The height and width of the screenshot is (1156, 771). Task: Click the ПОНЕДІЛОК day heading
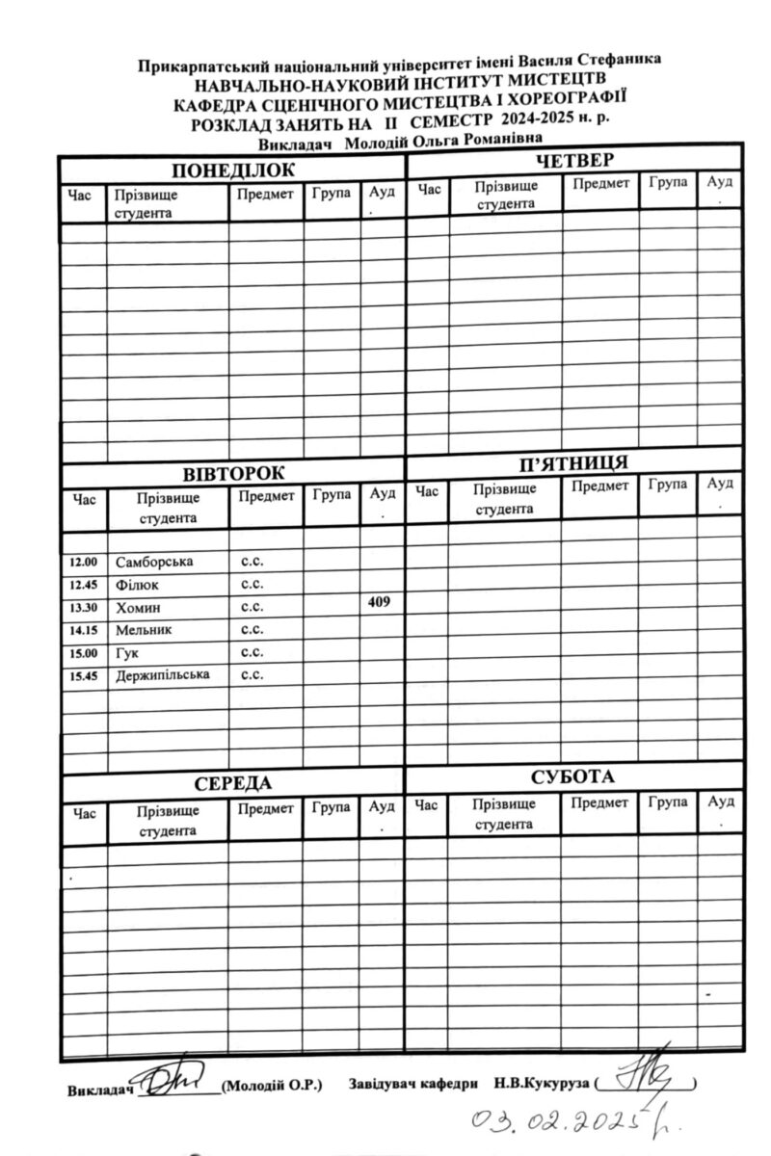coord(233,171)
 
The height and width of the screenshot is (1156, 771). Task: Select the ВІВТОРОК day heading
coord(234,474)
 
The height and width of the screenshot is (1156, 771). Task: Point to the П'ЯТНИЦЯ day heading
coord(574,462)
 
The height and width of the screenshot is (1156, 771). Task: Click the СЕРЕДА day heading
coord(233,782)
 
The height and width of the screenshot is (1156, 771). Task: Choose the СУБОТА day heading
coord(574,776)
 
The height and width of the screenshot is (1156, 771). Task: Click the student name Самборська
coord(154,562)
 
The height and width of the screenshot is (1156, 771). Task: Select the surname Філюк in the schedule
coord(138,585)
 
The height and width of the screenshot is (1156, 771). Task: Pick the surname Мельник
coord(144,631)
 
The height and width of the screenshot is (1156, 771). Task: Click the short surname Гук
coord(128,654)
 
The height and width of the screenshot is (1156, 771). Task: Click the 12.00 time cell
coord(84,562)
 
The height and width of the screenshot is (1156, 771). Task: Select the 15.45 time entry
coord(84,676)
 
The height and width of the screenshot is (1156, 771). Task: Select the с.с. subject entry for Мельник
coord(253,631)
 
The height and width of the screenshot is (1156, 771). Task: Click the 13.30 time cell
coord(84,608)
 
